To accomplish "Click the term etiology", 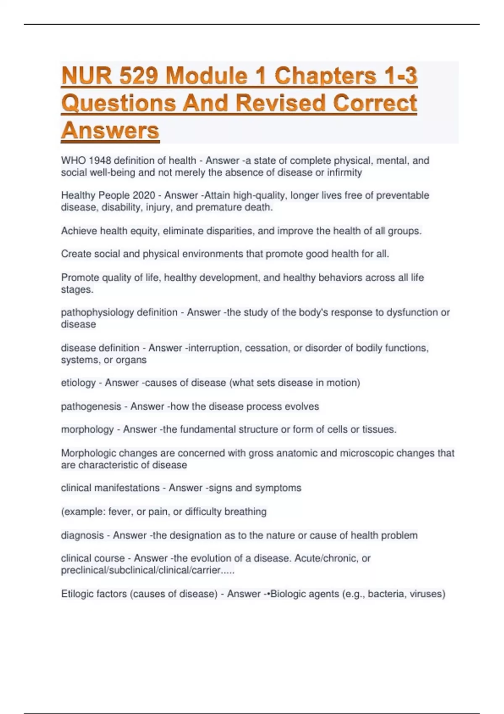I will click(x=79, y=383).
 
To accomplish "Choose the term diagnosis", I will click(x=82, y=535).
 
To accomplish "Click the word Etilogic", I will click(x=79, y=594).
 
